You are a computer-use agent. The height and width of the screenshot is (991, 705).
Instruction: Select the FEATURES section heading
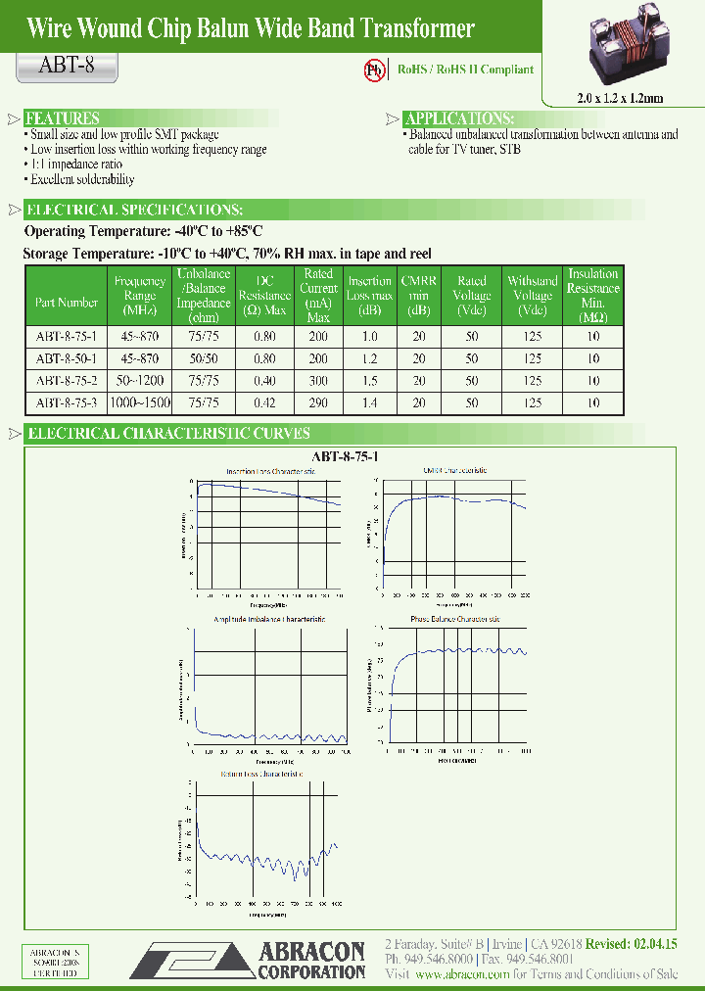[x=62, y=118]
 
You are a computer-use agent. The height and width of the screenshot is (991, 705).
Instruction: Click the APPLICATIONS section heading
[x=459, y=118]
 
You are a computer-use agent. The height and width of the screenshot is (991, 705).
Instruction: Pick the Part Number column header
[x=67, y=303]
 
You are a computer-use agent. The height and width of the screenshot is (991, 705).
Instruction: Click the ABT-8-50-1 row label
[x=67, y=358]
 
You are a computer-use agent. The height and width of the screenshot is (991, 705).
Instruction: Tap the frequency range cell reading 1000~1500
[x=140, y=401]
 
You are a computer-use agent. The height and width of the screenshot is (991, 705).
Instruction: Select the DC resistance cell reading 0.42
[x=264, y=401]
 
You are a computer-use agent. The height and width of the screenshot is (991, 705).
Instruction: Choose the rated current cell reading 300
[x=318, y=380]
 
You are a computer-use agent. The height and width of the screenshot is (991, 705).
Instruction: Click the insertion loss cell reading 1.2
[x=370, y=358]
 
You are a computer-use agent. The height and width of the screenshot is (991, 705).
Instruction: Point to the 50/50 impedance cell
[x=205, y=358]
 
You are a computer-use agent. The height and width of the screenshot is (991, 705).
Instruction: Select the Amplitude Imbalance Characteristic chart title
[x=269, y=619]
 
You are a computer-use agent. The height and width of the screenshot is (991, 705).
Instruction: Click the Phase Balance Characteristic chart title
[x=454, y=619]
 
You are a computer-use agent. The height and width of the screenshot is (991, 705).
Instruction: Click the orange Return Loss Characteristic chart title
[x=260, y=774]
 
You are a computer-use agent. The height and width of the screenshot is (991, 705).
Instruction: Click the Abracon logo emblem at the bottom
[x=190, y=960]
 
